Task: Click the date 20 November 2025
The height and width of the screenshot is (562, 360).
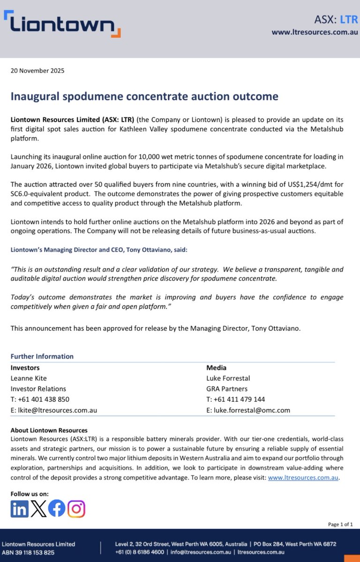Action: coord(37,71)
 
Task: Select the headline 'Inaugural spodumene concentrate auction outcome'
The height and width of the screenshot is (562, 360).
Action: coord(144,96)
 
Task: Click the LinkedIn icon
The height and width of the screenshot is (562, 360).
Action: coord(20,509)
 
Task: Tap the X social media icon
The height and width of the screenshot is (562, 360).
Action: coord(38,509)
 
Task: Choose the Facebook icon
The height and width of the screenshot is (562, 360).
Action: coord(57,509)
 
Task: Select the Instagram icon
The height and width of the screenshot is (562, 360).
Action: coord(76,509)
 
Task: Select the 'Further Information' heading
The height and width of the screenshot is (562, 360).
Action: coord(42,356)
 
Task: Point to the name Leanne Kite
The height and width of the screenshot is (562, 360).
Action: coord(29,378)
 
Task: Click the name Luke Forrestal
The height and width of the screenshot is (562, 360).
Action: coord(228,378)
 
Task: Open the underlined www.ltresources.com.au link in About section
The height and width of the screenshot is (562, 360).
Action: coord(303,478)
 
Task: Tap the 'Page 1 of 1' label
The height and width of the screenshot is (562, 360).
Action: coord(340,524)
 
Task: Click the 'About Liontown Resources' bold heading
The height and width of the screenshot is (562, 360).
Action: coord(49,430)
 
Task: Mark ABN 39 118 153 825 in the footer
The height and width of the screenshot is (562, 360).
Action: coord(28,553)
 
